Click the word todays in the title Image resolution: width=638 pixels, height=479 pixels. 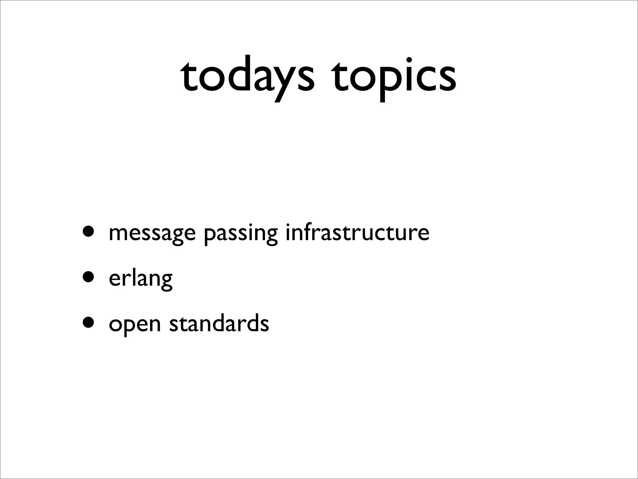click(x=248, y=76)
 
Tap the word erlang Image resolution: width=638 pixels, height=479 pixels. click(x=140, y=278)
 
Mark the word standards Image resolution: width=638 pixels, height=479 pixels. click(x=219, y=323)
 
